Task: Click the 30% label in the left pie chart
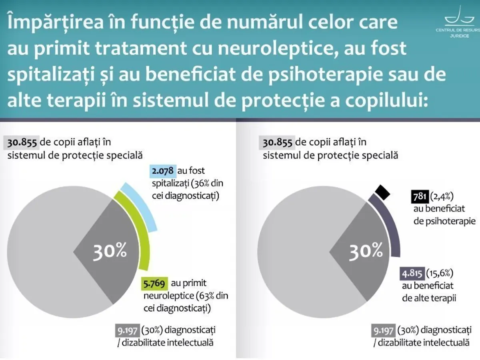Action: [x=110, y=251]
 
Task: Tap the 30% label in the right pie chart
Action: [x=366, y=251]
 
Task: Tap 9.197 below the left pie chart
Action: [x=127, y=331]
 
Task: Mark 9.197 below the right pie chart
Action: [x=384, y=331]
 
